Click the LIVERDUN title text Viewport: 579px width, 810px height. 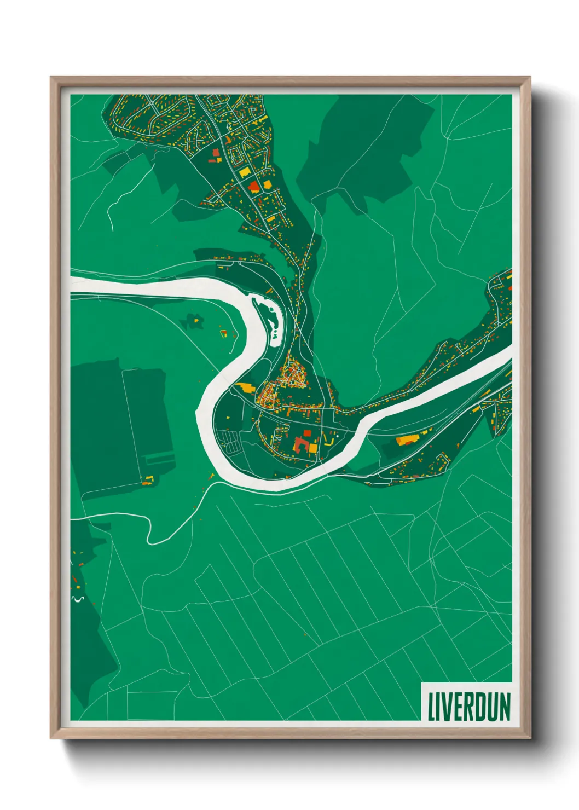(x=468, y=707)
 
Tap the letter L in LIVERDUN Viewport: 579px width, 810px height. (x=431, y=707)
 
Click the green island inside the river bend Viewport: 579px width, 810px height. (x=271, y=317)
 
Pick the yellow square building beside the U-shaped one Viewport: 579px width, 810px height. (x=312, y=448)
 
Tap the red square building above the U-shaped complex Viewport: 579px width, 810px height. (x=308, y=433)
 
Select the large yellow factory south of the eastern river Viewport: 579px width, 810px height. (x=406, y=439)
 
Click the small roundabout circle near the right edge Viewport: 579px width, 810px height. (x=500, y=324)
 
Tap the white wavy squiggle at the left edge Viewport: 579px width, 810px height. (x=77, y=599)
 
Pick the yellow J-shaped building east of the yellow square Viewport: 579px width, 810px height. (x=329, y=439)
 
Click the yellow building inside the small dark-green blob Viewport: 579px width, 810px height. (x=223, y=332)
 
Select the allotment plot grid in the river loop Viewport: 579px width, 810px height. (x=230, y=441)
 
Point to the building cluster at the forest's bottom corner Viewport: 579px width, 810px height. (x=148, y=480)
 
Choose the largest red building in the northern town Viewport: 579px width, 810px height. (x=253, y=187)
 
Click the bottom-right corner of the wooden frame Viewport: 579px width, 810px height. (x=529, y=738)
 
